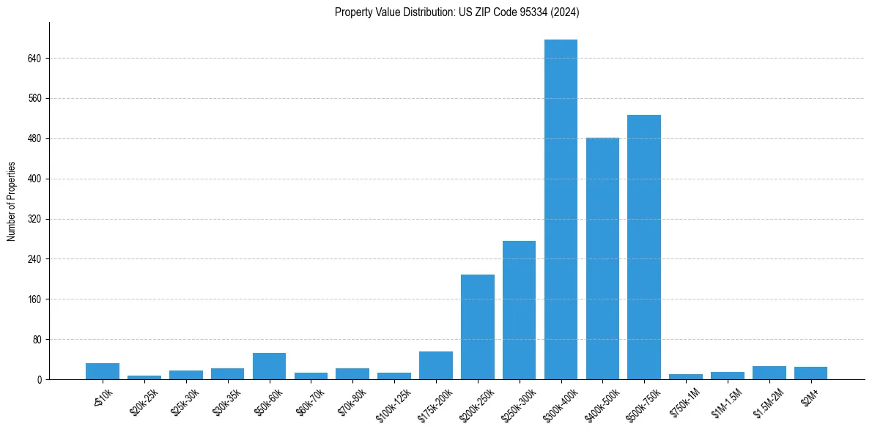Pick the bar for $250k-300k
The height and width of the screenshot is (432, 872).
click(519, 310)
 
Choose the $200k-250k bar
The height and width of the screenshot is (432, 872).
click(477, 327)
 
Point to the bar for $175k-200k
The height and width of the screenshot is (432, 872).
click(435, 366)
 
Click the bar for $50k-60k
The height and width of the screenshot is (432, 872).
click(269, 367)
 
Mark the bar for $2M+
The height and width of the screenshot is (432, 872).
click(810, 373)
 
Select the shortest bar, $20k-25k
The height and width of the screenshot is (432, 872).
click(144, 377)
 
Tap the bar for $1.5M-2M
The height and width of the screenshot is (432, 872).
click(769, 373)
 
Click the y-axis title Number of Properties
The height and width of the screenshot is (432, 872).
click(11, 201)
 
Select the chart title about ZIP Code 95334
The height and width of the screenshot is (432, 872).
click(457, 12)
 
